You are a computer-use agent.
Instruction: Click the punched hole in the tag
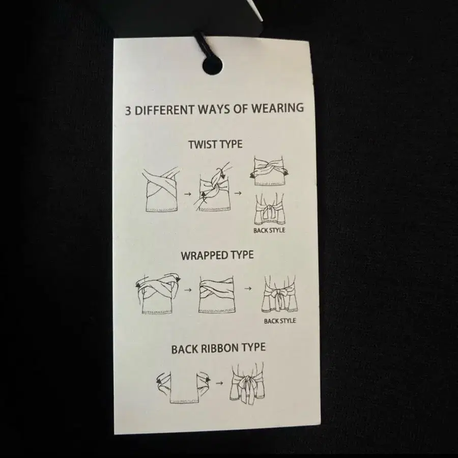coord(212,66)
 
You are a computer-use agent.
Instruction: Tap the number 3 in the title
coord(128,111)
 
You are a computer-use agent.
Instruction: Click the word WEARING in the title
coord(277,108)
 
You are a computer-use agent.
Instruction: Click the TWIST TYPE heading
coord(215,145)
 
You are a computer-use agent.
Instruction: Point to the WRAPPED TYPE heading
coord(217,255)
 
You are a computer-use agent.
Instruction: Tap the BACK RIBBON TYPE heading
coord(218,349)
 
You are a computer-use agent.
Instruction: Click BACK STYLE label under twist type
coord(269,230)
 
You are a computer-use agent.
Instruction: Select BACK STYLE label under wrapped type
coord(280,321)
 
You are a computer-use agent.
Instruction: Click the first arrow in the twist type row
coord(188,194)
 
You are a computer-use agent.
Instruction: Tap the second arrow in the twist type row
coord(238,193)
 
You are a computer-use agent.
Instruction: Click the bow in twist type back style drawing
coord(269,210)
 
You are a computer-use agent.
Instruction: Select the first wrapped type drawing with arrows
coord(158,293)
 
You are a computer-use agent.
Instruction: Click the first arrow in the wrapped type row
coord(188,290)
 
